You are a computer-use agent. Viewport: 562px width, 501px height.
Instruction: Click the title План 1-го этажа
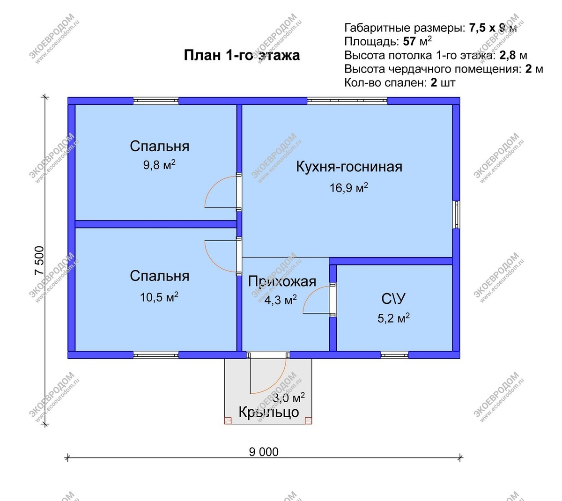(x=242, y=55)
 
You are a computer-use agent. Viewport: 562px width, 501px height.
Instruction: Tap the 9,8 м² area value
(x=159, y=165)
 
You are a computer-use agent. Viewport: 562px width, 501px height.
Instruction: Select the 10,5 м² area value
(x=159, y=297)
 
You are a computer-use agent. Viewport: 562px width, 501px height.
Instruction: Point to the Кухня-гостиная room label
(x=349, y=167)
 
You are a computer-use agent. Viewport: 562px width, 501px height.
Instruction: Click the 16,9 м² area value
(x=349, y=188)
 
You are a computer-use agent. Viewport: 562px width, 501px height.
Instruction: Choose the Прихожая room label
(x=282, y=281)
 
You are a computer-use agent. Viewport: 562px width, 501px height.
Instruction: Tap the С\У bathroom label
(x=393, y=299)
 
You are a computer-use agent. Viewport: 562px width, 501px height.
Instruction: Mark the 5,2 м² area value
(x=393, y=319)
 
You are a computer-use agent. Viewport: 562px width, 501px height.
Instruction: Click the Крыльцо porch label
(x=269, y=412)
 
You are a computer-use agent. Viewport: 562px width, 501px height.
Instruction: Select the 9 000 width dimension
(x=264, y=452)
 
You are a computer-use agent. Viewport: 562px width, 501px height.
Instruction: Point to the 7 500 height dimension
(x=39, y=261)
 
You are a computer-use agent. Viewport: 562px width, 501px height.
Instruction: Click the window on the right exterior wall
(x=456, y=215)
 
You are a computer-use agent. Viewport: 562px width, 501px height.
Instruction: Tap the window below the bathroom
(x=394, y=355)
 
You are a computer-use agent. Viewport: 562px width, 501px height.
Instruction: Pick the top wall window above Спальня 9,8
(x=155, y=101)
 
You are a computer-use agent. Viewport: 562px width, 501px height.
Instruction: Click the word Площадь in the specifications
(x=371, y=42)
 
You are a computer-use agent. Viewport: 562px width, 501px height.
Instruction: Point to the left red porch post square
(x=228, y=420)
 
